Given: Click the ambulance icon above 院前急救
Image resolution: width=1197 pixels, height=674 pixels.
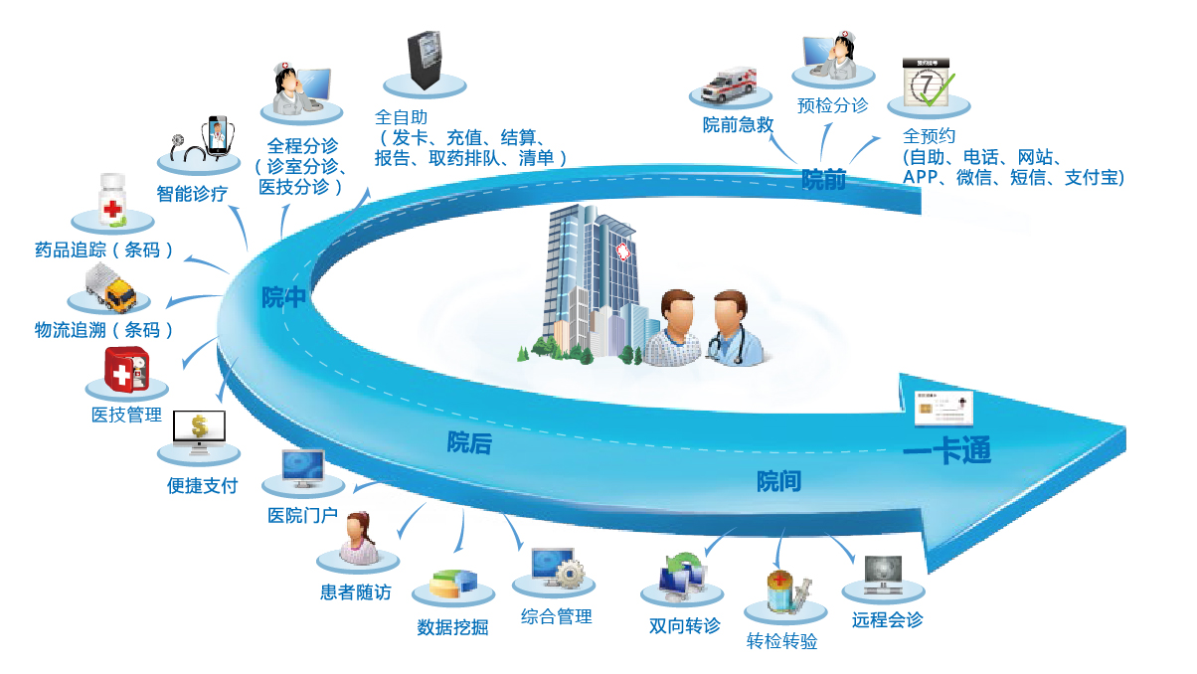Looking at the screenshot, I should (x=729, y=84).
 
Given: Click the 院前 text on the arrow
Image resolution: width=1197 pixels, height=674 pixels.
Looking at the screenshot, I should (x=823, y=180).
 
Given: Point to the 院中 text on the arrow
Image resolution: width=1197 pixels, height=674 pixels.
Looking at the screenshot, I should (x=282, y=296).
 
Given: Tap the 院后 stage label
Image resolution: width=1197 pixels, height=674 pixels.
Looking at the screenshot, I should (x=468, y=443).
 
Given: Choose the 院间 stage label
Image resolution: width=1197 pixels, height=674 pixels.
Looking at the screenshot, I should (x=778, y=482).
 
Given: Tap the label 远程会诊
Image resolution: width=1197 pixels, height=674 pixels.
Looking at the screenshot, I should (x=887, y=620).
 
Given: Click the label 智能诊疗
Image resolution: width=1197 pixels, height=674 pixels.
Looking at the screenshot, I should (x=192, y=194).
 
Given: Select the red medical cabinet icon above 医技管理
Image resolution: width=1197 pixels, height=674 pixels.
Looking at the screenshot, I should (x=125, y=374).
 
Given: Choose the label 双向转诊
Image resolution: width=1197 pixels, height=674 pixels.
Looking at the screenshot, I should (x=684, y=626).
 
